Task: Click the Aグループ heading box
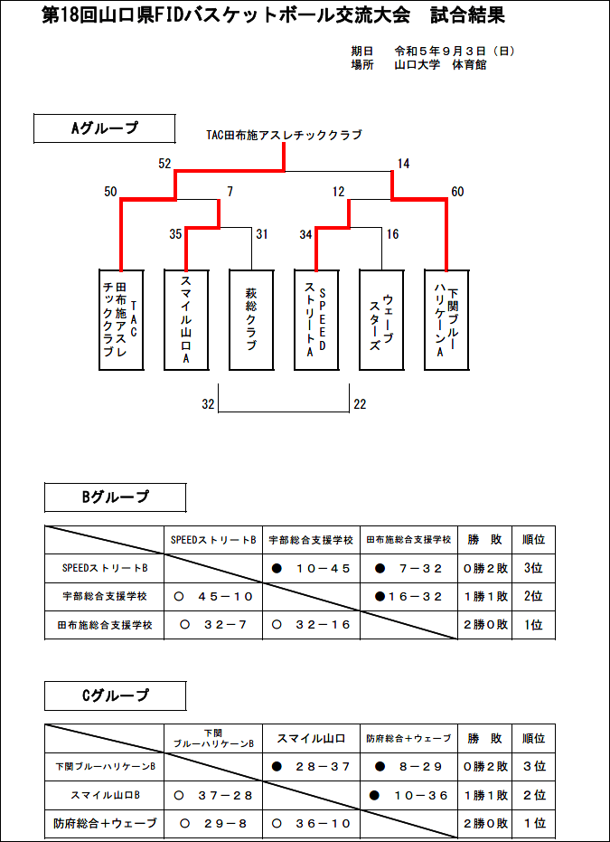[105, 128]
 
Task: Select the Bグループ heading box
[115, 497]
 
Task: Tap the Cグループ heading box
[115, 696]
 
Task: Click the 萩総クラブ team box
[251, 320]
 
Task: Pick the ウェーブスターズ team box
[381, 320]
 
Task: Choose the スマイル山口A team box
[186, 320]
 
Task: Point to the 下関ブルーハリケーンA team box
[446, 320]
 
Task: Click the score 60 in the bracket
[457, 192]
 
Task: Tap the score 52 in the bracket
[164, 164]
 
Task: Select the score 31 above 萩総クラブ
[262, 234]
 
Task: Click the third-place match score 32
[208, 404]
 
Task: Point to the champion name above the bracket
[284, 135]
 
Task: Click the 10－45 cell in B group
[311, 569]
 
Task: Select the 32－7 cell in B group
[213, 625]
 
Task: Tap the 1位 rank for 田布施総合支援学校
[533, 625]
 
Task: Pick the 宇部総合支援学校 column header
[311, 540]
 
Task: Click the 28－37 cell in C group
[311, 766]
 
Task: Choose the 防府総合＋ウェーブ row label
[105, 823]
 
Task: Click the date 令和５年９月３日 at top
[440, 52]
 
